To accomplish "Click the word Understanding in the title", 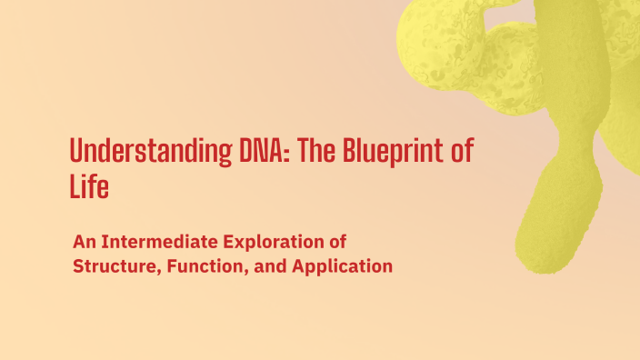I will [x=138, y=151].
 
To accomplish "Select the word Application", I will [x=339, y=267].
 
